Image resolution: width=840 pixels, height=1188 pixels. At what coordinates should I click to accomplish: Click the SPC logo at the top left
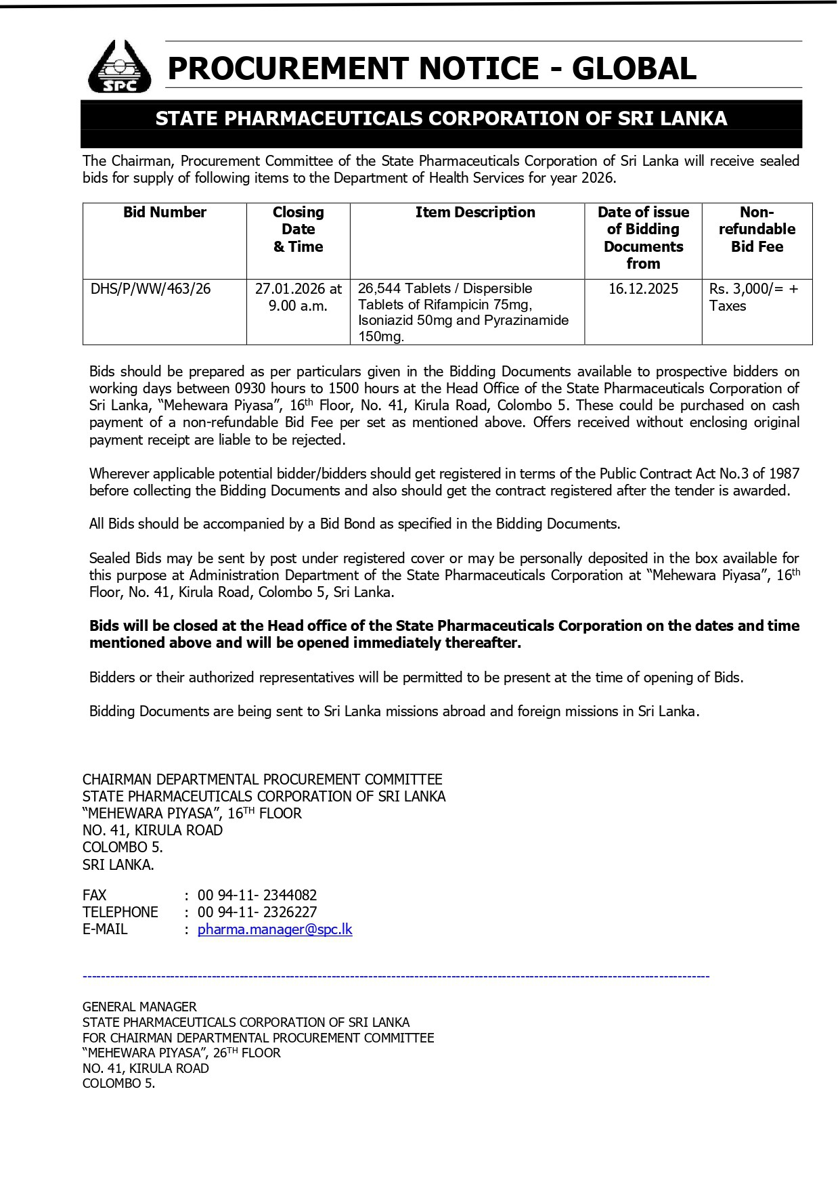119,67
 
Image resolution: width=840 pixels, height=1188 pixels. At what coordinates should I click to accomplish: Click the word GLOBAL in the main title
634,68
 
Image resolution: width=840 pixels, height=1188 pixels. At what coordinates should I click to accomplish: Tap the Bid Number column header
164,213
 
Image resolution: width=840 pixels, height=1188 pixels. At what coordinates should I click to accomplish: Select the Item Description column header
475,213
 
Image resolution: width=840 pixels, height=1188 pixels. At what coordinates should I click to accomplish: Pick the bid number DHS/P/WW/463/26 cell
151,289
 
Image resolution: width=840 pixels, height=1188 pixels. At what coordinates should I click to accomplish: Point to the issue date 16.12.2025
643,289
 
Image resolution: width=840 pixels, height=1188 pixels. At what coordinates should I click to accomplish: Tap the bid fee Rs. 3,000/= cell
753,289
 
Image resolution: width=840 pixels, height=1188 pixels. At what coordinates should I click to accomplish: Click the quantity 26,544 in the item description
380,288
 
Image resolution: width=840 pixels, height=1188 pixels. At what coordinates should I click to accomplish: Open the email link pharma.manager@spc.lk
275,929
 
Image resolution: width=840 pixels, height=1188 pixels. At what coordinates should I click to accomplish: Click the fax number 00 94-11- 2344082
257,896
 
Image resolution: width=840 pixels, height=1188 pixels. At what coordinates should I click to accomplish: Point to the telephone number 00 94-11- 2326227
257,912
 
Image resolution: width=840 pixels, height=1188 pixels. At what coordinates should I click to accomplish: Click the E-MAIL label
105,929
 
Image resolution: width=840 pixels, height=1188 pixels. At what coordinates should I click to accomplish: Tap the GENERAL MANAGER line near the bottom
139,1007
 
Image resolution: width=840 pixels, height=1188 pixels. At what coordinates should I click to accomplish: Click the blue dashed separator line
396,976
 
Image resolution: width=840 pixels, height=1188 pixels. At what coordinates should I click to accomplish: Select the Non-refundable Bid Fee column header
757,229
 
